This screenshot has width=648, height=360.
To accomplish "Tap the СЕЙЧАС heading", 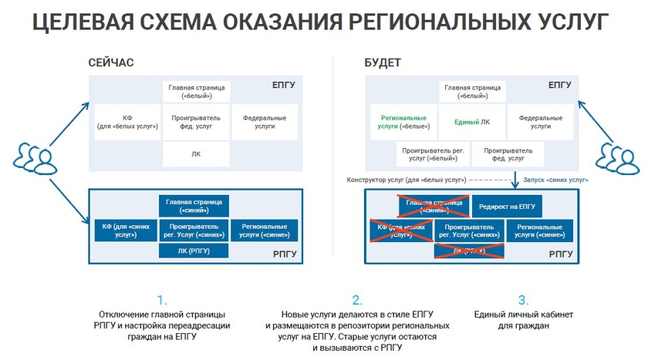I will pyautogui.click(x=111, y=63).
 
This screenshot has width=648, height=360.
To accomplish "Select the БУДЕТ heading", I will pyautogui.click(x=383, y=63).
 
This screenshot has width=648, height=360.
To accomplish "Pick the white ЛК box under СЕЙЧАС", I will pyautogui.click(x=196, y=154).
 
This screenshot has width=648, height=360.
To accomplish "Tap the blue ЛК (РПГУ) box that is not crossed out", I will pyautogui.click(x=196, y=251).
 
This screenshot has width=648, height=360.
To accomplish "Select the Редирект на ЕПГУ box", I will pyautogui.click(x=507, y=206).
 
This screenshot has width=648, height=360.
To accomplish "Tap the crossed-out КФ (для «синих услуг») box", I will pyautogui.click(x=400, y=230).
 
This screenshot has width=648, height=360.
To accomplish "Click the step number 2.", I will pyautogui.click(x=356, y=300).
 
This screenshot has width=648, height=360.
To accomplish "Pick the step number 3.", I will pyautogui.click(x=523, y=300).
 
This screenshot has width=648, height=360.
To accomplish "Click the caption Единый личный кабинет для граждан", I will pyautogui.click(x=523, y=321).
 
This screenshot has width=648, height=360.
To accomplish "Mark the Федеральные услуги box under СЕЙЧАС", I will pyautogui.click(x=265, y=122).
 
